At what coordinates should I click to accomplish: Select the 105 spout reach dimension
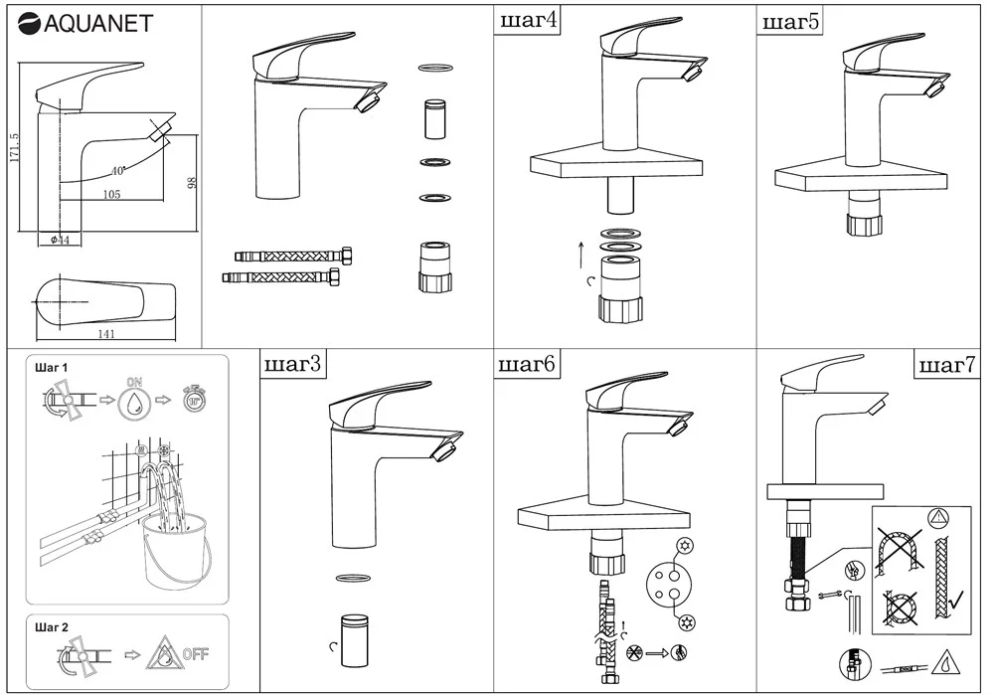(x=111, y=195)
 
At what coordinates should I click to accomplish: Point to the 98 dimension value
(x=193, y=183)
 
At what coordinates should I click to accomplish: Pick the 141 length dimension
(x=106, y=334)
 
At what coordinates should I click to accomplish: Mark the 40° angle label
(x=118, y=171)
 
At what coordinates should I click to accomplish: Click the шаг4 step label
(x=527, y=20)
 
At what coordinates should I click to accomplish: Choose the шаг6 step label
(x=527, y=365)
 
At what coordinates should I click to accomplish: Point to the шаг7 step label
(x=945, y=366)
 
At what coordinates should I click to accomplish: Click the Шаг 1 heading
(x=52, y=368)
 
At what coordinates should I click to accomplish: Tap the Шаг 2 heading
(x=52, y=627)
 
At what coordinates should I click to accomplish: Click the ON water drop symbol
(x=133, y=402)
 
